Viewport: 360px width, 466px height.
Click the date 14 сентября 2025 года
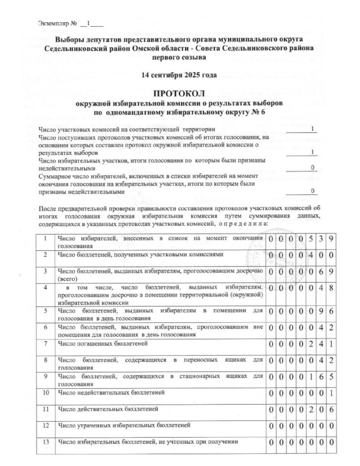tap(179, 74)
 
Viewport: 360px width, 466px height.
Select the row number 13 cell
tap(45, 441)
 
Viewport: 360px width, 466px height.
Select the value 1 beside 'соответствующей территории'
tap(312, 129)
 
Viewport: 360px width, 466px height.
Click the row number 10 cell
tap(45, 391)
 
